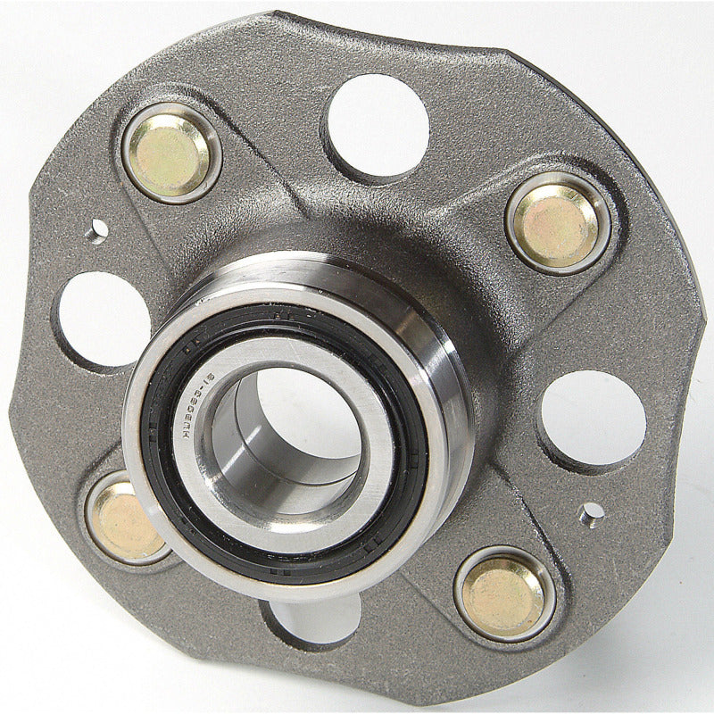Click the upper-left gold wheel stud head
[x=171, y=153]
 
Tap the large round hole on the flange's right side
[x=594, y=419]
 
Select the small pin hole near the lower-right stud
[x=590, y=513]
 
